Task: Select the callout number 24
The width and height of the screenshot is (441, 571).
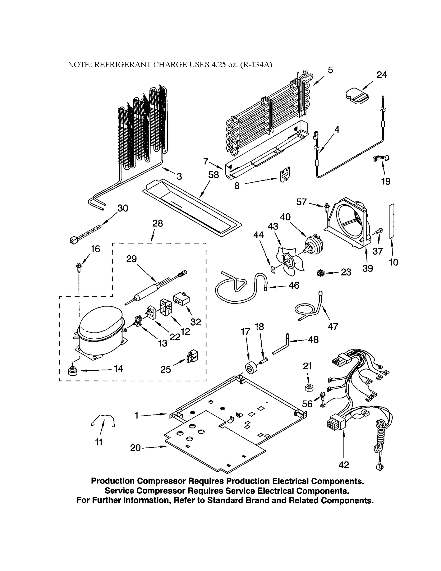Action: click(381, 75)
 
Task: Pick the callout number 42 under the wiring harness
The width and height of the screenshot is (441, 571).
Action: click(343, 465)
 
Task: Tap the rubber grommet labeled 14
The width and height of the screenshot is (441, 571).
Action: click(72, 371)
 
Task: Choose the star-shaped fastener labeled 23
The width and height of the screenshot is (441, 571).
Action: click(320, 273)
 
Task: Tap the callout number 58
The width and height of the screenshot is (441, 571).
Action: click(214, 175)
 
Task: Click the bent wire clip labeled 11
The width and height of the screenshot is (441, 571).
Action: click(103, 420)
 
